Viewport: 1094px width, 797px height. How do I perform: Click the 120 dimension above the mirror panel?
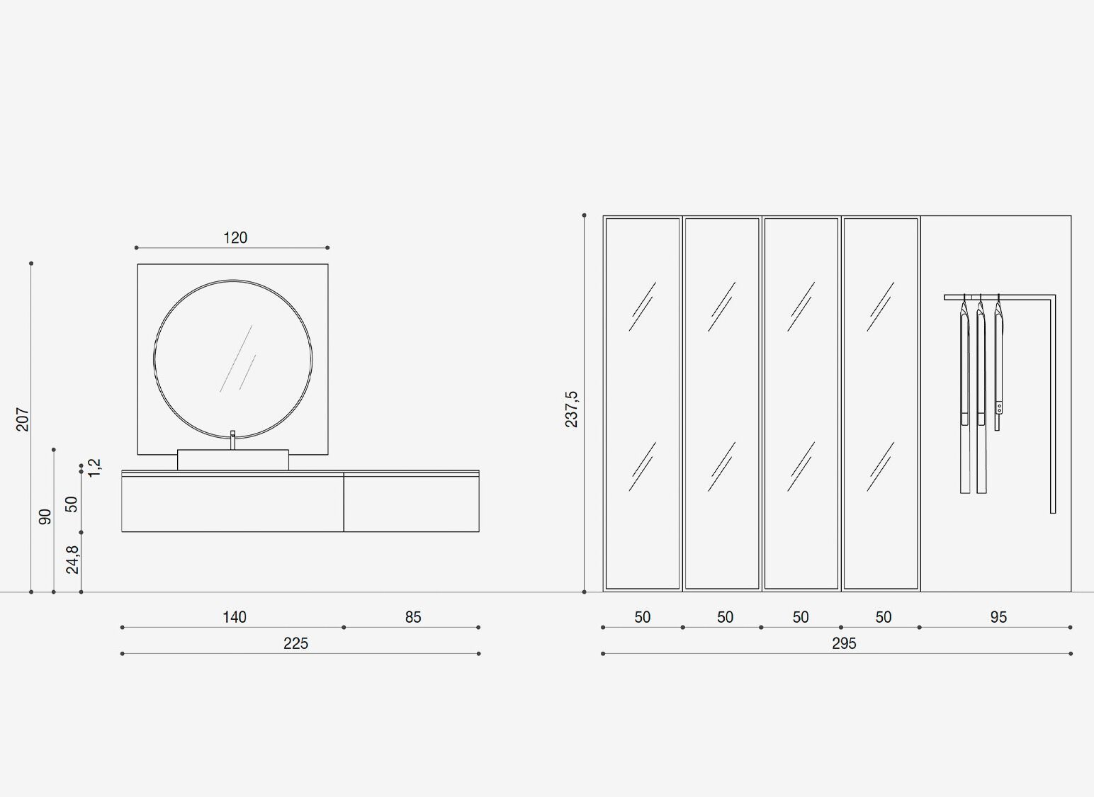(235, 238)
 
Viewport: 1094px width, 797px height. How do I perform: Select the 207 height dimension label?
(23, 419)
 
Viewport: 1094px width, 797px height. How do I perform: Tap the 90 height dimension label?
(45, 516)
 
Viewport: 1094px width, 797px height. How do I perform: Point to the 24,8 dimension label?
(72, 560)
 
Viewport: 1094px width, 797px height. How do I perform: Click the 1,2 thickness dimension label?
(95, 468)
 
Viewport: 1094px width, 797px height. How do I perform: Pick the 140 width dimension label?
(235, 617)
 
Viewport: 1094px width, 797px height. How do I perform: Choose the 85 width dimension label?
(412, 617)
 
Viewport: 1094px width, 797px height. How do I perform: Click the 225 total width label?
(295, 644)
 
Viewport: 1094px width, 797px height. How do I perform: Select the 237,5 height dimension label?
(571, 409)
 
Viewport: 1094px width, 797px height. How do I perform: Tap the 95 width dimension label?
(998, 617)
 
